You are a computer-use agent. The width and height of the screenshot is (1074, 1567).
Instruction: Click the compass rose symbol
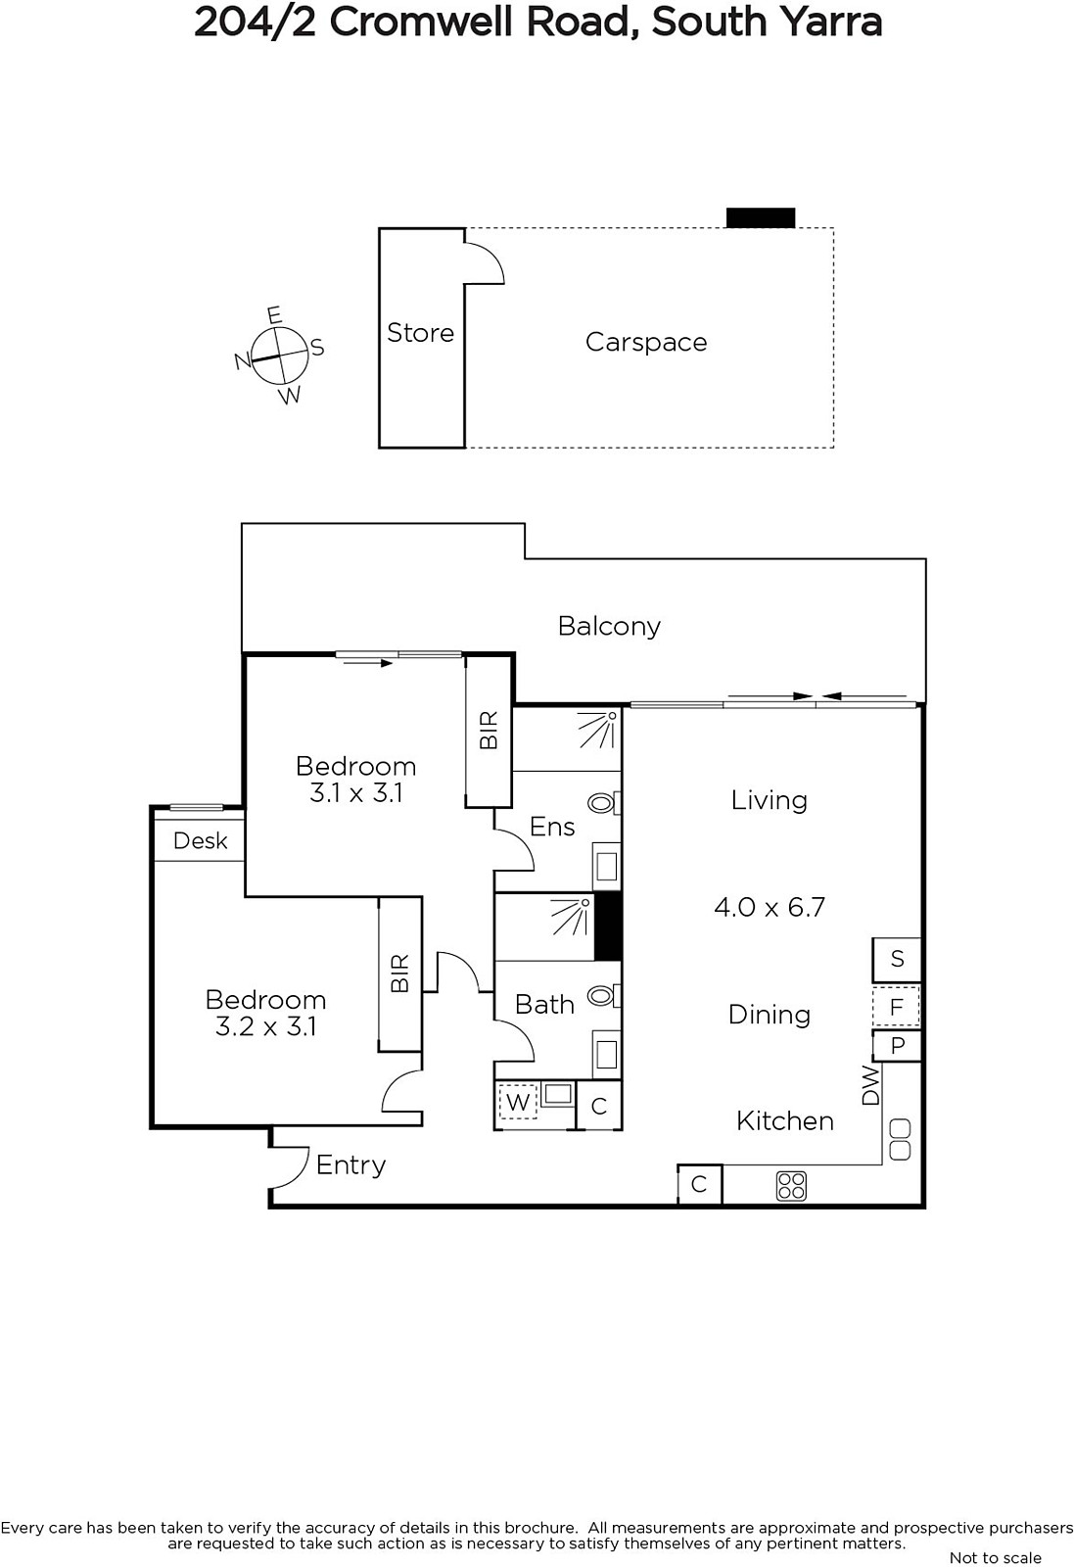(x=280, y=356)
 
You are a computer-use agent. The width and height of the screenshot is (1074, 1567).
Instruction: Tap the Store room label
(x=420, y=333)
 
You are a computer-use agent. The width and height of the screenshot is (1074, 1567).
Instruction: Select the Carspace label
(x=646, y=342)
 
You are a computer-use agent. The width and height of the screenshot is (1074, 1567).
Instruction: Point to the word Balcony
(x=609, y=626)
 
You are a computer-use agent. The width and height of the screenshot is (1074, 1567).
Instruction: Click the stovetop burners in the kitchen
(x=791, y=1186)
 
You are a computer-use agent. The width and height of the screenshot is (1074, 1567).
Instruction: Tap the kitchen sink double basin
(x=900, y=1140)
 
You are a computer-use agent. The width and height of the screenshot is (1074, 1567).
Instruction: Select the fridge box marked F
(x=897, y=1007)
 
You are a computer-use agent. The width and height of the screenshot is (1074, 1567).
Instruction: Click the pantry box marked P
(x=897, y=1046)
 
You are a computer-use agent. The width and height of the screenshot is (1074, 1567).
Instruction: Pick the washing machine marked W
(x=518, y=1103)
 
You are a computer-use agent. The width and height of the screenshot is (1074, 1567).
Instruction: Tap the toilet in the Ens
(x=604, y=802)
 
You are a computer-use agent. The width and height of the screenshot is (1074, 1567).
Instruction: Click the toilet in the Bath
(x=604, y=995)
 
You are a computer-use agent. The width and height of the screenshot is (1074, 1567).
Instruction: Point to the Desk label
(x=200, y=840)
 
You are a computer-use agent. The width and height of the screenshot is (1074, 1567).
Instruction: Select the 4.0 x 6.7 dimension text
(x=770, y=907)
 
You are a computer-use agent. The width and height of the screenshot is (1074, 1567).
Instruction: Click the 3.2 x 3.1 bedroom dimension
(x=265, y=1026)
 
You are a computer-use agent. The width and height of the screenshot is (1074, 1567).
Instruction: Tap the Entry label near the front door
(x=350, y=1165)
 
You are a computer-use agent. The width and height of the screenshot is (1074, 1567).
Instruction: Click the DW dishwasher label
(x=869, y=1086)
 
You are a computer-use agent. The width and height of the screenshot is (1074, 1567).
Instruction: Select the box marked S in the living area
(x=897, y=959)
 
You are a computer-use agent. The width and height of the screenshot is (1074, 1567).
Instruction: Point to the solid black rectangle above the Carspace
(x=761, y=217)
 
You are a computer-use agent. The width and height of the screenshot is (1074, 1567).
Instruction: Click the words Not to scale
(x=995, y=1557)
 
